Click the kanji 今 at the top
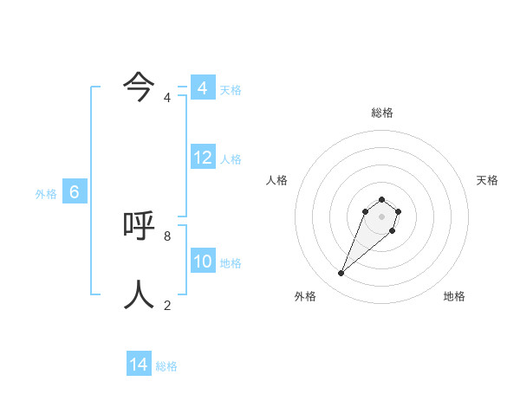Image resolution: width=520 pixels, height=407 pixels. click(x=139, y=86)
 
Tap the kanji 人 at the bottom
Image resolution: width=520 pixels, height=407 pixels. click(x=139, y=294)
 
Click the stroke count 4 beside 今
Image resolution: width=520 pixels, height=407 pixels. click(x=167, y=98)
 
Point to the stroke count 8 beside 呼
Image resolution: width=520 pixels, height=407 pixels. click(x=167, y=236)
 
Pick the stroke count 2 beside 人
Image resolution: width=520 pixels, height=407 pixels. click(x=167, y=305)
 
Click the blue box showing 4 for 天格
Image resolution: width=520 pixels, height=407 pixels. click(x=202, y=88)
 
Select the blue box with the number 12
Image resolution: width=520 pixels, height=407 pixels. click(x=202, y=158)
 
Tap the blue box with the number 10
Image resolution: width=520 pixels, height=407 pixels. click(x=202, y=262)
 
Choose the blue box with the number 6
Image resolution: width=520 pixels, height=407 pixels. click(x=75, y=192)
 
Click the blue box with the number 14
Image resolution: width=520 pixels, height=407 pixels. click(x=139, y=365)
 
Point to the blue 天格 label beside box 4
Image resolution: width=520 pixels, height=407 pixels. click(x=231, y=90)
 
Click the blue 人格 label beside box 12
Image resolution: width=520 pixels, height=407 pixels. click(x=231, y=159)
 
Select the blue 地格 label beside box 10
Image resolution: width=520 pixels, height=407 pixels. click(x=231, y=263)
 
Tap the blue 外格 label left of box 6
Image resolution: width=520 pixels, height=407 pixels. click(x=46, y=194)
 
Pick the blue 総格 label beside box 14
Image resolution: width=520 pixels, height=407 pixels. click(x=166, y=366)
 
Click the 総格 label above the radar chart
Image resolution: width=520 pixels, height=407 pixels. click(x=382, y=113)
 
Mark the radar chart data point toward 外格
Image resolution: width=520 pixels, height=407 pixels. click(x=341, y=274)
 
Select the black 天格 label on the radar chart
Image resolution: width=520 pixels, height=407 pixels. click(x=487, y=180)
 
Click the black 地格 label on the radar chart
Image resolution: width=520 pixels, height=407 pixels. click(x=454, y=296)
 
